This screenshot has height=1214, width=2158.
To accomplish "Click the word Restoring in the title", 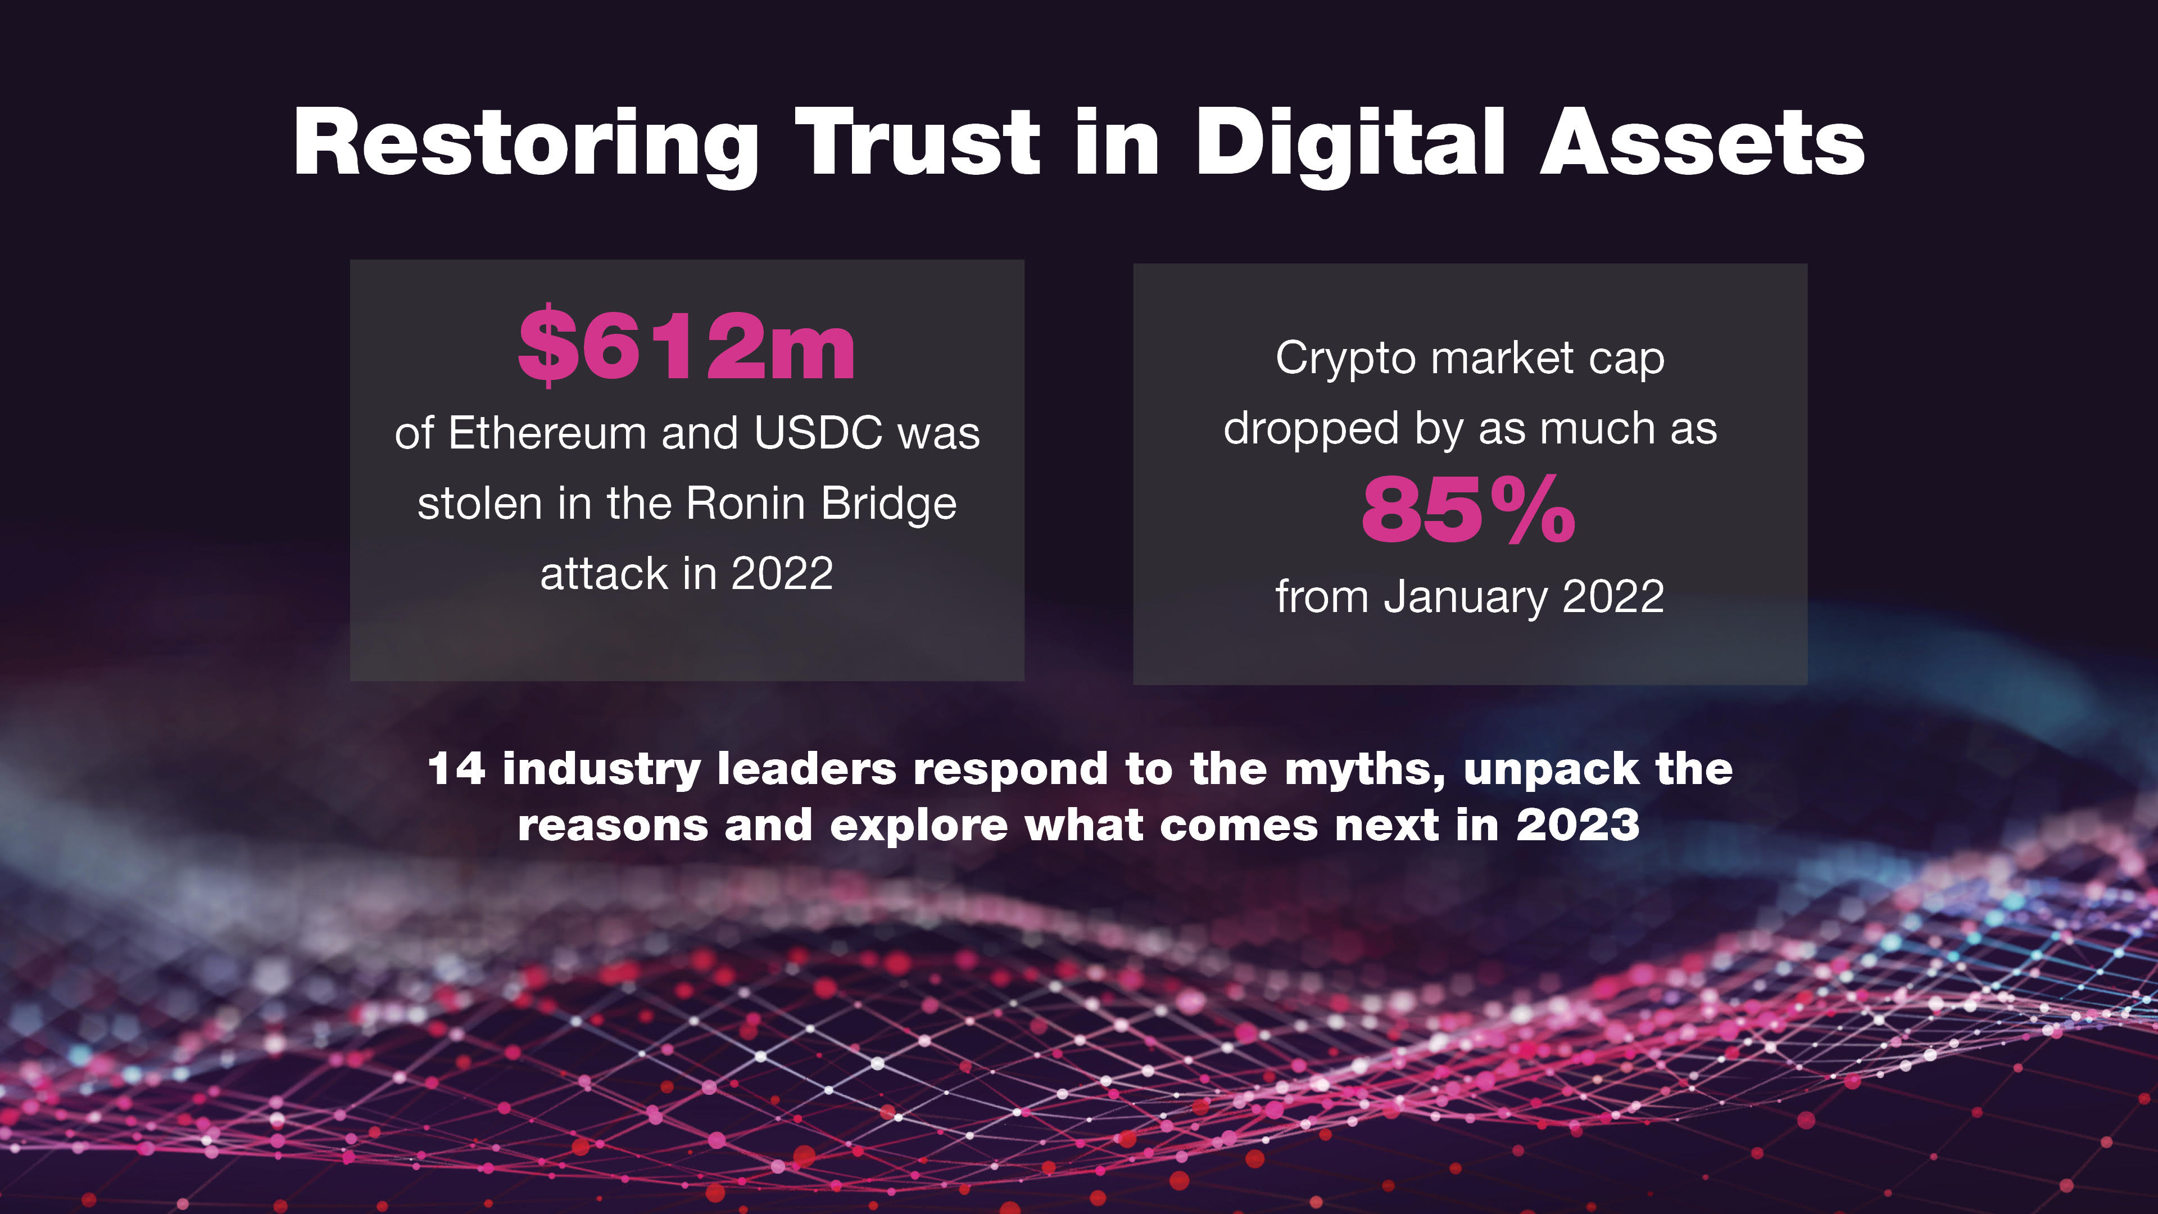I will (525, 144).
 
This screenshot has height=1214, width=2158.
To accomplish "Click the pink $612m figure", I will (687, 345).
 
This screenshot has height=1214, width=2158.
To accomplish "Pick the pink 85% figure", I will (1468, 509).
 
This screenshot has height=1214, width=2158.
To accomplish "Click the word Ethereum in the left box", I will (548, 433).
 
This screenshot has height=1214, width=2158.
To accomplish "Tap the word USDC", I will (818, 433).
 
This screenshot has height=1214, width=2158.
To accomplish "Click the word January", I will (1465, 598).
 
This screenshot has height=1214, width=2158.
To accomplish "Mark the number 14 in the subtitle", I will (456, 769).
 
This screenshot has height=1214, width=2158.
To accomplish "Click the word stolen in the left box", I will (480, 504).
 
